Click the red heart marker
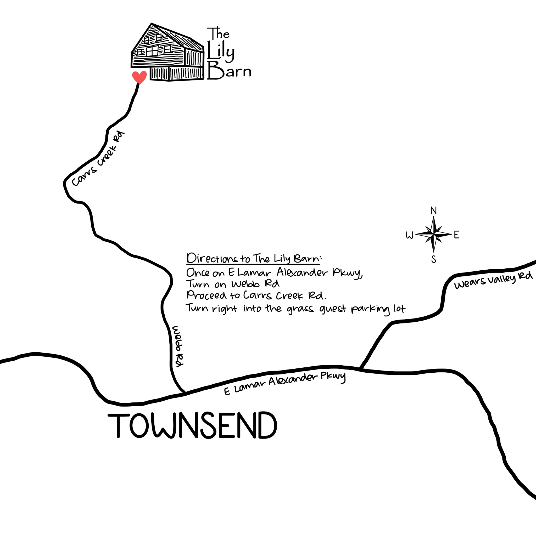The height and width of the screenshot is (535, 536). click(x=139, y=77)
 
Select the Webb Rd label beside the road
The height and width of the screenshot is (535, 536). click(x=178, y=346)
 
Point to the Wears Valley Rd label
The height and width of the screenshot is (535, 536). click(x=493, y=281)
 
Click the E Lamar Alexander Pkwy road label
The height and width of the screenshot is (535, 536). click(x=285, y=384)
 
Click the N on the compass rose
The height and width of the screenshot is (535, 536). click(x=433, y=211)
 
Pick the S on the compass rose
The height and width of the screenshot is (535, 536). click(x=434, y=259)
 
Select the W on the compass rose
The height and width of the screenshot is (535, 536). click(x=410, y=236)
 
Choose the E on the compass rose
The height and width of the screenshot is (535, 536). click(x=456, y=235)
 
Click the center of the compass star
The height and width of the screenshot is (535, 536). click(x=433, y=235)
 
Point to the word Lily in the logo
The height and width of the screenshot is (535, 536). click(x=221, y=52)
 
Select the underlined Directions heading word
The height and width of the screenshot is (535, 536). click(x=212, y=259)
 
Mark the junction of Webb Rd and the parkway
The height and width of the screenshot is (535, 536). click(x=185, y=393)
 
